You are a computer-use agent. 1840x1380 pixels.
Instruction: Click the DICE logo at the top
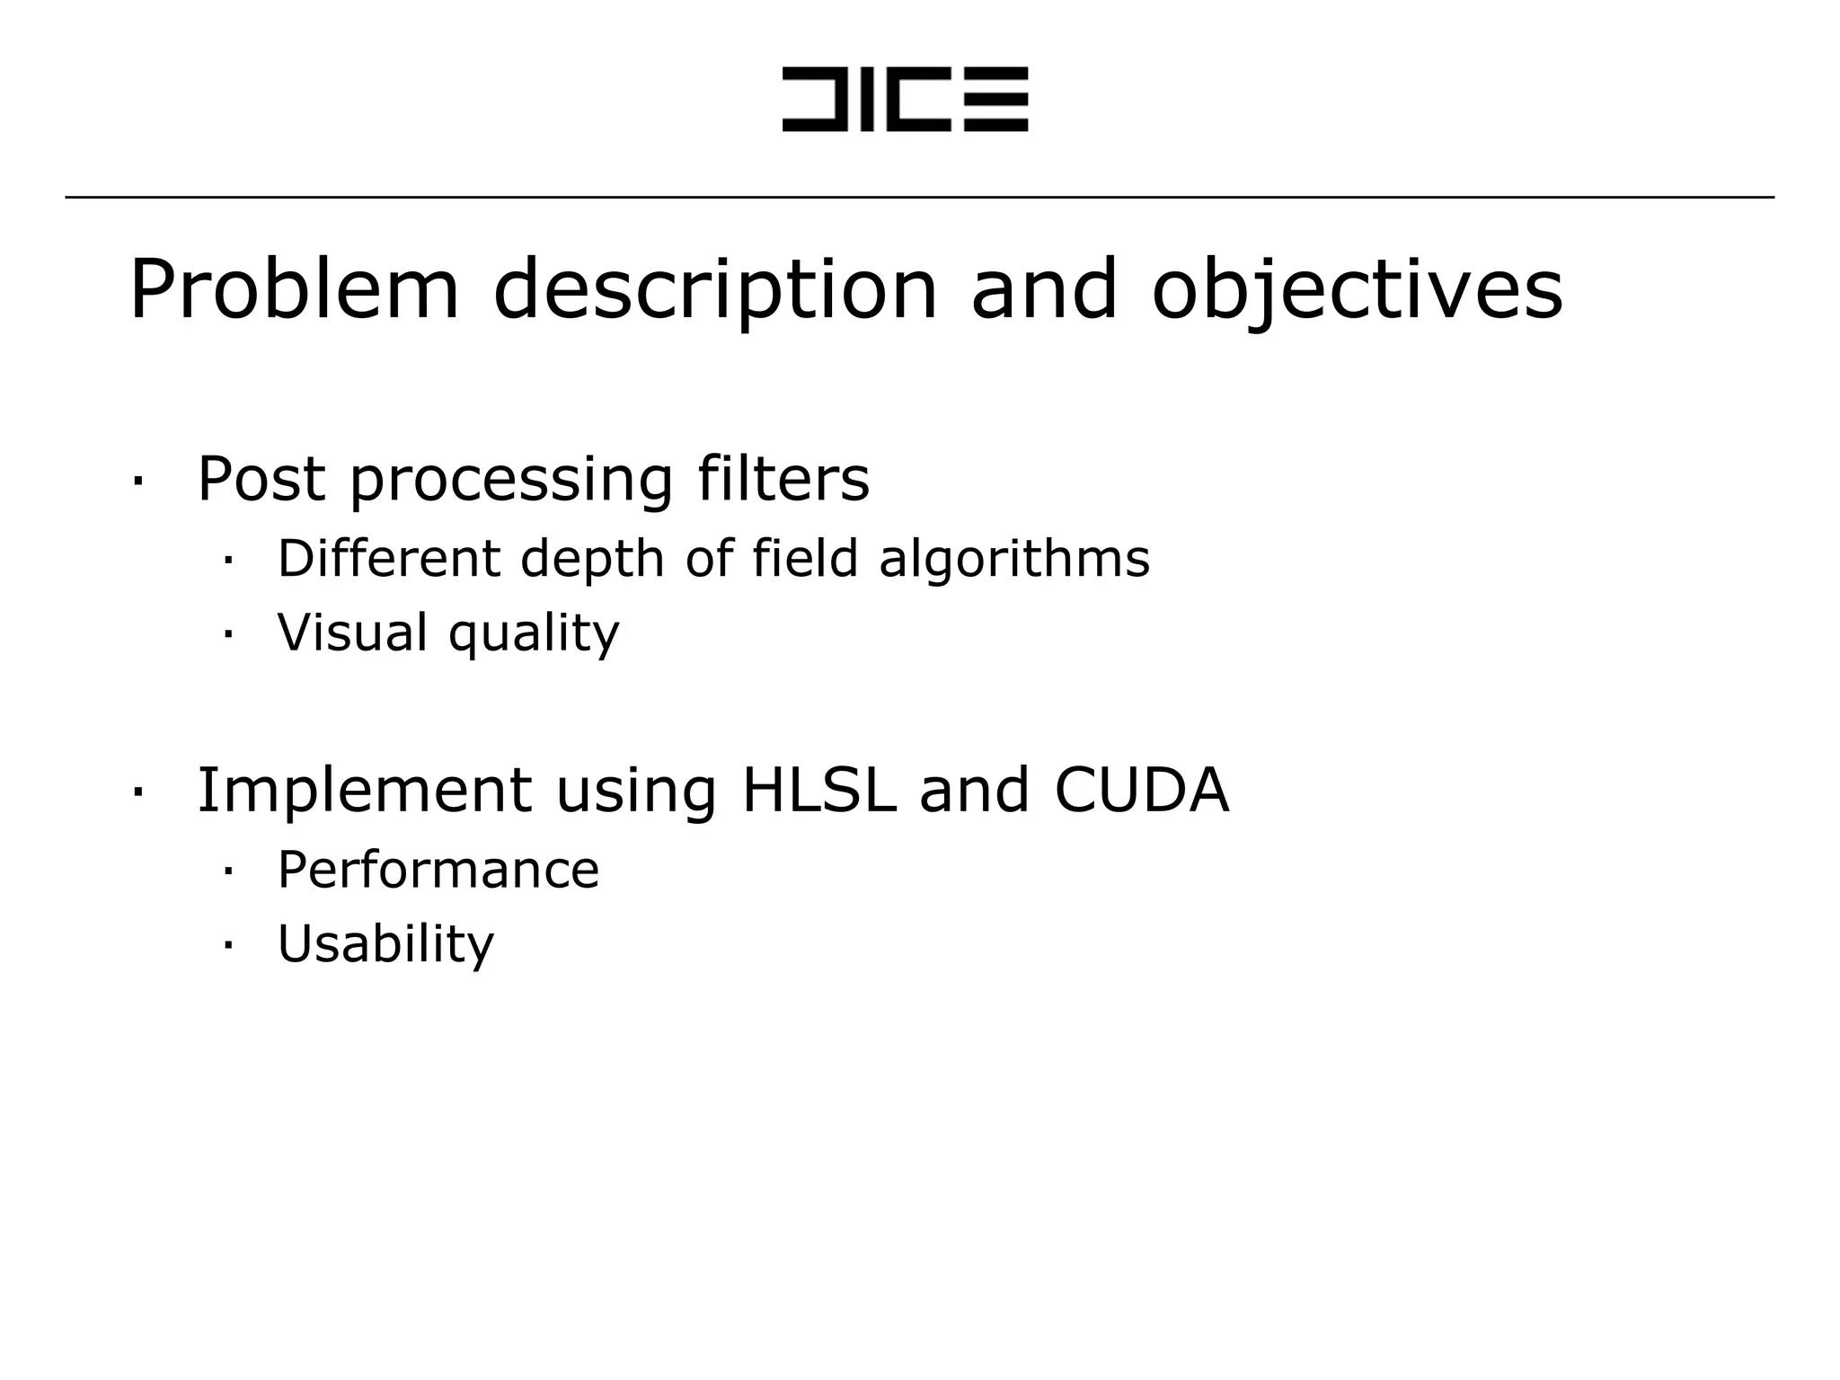905,99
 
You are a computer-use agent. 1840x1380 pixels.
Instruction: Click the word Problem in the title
294,289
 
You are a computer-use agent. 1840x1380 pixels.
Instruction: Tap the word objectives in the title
1358,289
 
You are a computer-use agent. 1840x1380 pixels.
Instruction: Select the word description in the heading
715,289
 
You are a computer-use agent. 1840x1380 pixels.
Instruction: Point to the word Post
261,479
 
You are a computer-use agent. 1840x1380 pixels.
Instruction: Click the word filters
783,479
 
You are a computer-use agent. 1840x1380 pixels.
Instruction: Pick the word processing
510,481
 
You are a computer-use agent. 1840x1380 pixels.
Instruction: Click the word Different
388,558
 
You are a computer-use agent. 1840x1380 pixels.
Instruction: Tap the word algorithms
1014,560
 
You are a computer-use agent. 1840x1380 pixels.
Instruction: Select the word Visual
352,632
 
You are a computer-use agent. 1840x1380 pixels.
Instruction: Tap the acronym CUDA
1141,791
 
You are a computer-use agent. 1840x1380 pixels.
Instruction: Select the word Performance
438,870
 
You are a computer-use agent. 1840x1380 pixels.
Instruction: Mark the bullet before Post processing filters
137,481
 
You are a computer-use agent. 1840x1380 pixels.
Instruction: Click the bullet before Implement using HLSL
137,792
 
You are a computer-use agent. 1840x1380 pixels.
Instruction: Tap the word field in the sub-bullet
805,558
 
